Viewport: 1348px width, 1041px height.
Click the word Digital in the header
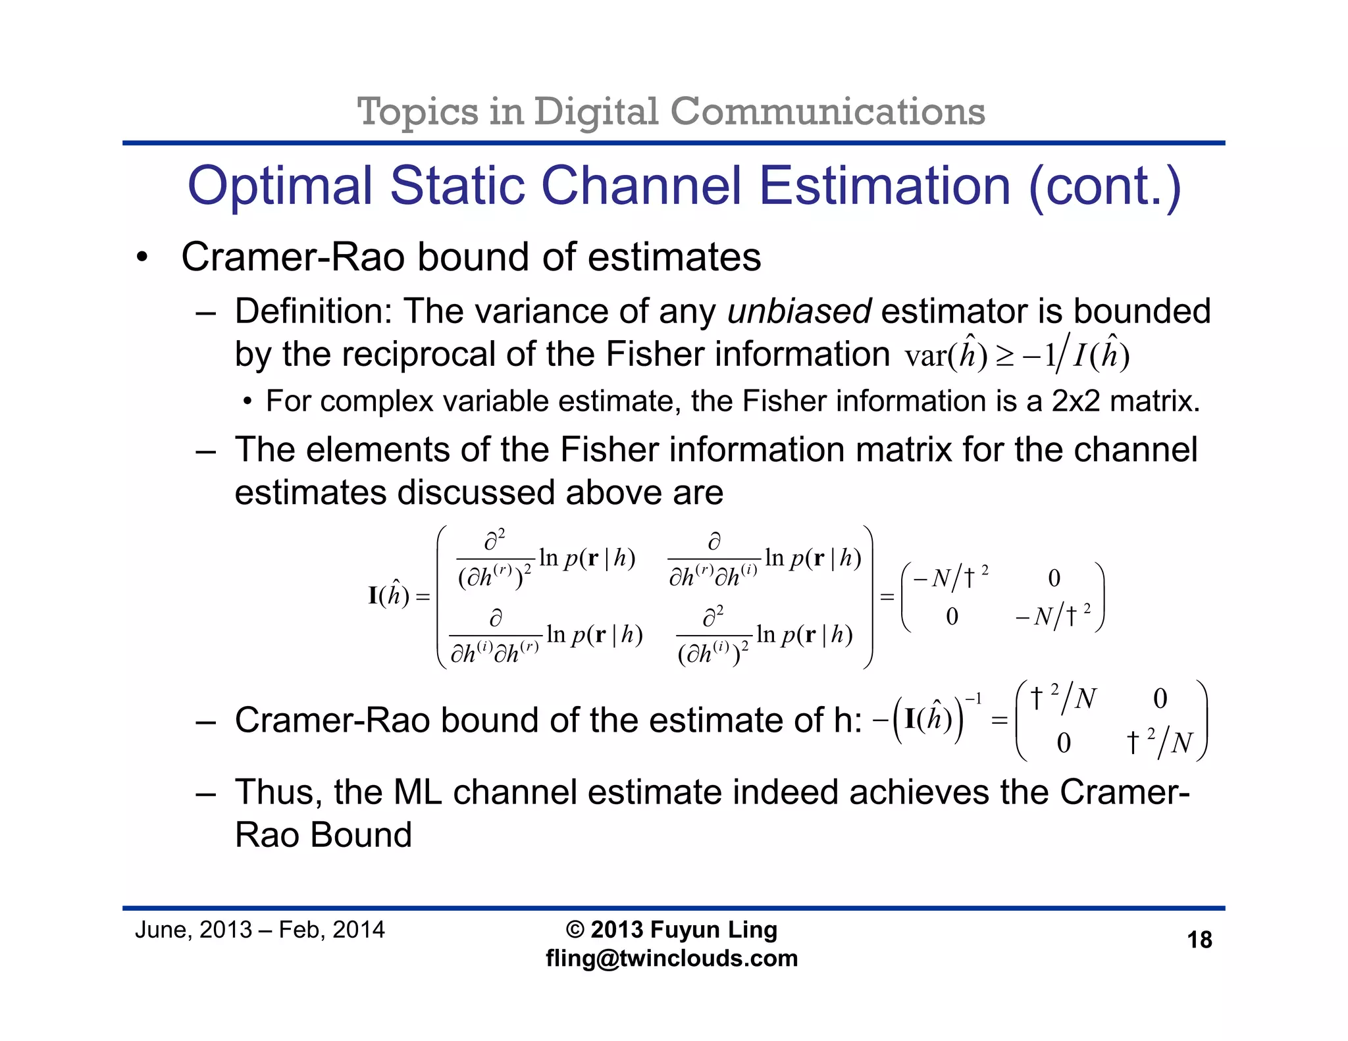pos(596,111)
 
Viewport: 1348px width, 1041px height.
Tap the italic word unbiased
pos(799,311)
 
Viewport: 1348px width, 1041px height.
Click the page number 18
pos(1199,940)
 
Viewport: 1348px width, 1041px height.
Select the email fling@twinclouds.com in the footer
pos(671,958)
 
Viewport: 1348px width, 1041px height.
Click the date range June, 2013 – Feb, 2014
pos(259,930)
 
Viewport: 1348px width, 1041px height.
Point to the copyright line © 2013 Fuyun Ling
pos(671,930)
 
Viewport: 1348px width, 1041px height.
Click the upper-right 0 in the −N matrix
pos(1054,578)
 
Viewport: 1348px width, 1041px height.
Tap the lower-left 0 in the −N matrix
pos(952,617)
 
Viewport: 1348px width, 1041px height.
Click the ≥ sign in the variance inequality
pos(1004,357)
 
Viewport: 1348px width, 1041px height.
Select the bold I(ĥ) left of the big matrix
pos(388,596)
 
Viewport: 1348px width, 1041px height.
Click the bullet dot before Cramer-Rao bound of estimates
pos(142,258)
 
